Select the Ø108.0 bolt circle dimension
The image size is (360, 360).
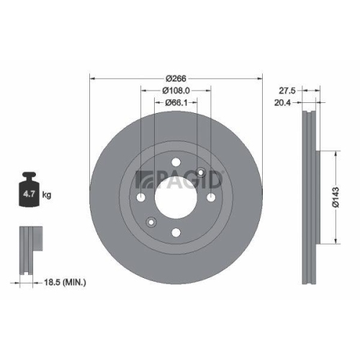click(176, 90)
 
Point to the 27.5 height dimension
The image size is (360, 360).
click(287, 90)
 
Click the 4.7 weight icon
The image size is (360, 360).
click(30, 192)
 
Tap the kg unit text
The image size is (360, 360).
click(48, 195)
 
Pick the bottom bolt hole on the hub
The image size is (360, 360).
click(176, 232)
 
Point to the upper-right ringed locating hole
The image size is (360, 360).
click(201, 172)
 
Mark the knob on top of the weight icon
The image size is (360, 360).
click(30, 175)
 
